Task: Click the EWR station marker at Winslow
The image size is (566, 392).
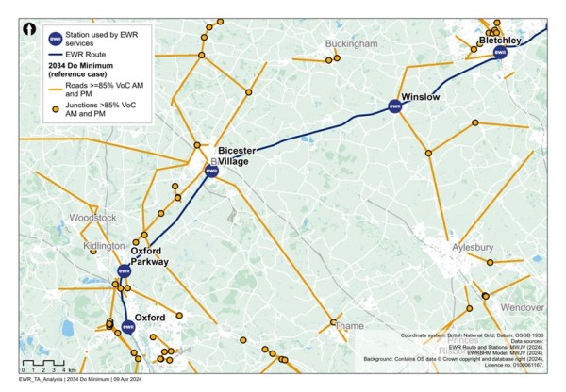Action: coord(395,107)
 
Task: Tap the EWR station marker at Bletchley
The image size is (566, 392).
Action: coord(501,53)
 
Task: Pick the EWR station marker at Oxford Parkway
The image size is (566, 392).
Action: coord(123,271)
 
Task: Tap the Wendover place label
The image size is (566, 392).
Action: coord(522,308)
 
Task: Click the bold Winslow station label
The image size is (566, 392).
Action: coord(421,97)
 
